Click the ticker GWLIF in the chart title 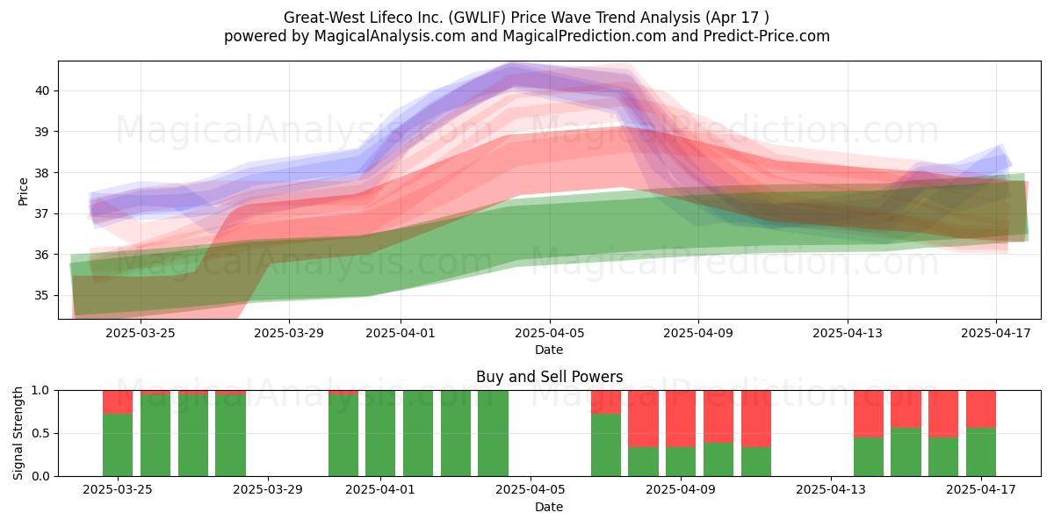(x=479, y=18)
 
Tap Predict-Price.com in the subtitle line (x=767, y=36)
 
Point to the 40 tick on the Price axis (x=42, y=90)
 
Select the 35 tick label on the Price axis (x=42, y=295)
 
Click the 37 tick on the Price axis (x=42, y=213)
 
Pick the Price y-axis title (x=23, y=191)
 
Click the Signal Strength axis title (x=18, y=433)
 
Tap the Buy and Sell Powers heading (x=549, y=377)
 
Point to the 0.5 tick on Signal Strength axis (x=41, y=433)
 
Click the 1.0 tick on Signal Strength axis (x=41, y=391)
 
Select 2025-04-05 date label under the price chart (x=550, y=333)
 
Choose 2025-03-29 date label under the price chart (x=289, y=333)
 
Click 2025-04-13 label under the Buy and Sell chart (x=831, y=490)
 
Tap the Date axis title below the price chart (x=549, y=350)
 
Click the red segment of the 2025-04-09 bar (x=681, y=419)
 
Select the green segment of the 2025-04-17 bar (x=981, y=452)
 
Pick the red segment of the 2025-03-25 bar (x=118, y=402)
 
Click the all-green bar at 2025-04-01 (x=380, y=433)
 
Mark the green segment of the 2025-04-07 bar (x=606, y=445)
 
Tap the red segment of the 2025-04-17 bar (x=981, y=409)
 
